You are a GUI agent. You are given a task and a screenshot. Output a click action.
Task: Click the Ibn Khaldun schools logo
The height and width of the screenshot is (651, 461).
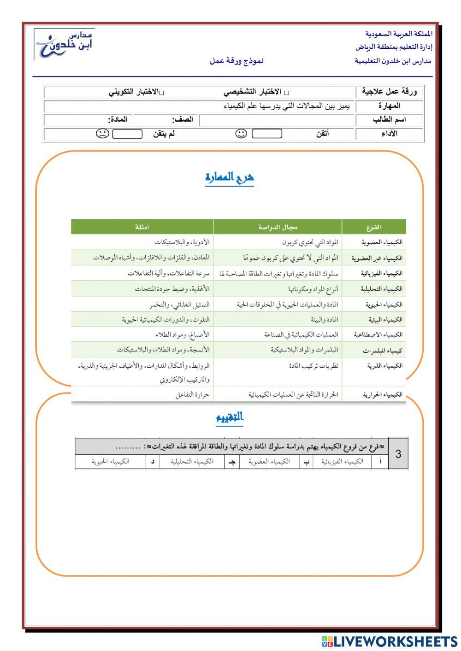(64, 44)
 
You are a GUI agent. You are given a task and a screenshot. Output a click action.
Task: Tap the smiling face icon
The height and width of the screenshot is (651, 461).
(241, 134)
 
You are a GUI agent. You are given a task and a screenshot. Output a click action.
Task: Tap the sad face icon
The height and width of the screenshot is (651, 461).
(102, 134)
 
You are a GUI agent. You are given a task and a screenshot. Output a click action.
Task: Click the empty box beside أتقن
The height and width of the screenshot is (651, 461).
(267, 134)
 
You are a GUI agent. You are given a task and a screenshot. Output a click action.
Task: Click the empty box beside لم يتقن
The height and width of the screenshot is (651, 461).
(127, 134)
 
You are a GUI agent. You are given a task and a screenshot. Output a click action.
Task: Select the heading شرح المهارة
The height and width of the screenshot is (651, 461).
(230, 178)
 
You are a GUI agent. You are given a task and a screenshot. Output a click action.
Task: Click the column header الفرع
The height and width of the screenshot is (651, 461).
(373, 227)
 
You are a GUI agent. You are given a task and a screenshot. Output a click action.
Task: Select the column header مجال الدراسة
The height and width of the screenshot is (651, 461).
(278, 227)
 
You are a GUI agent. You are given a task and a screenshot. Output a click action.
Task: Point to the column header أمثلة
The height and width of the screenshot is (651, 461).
(142, 227)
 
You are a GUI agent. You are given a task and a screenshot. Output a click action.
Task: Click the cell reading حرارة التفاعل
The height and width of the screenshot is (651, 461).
(192, 394)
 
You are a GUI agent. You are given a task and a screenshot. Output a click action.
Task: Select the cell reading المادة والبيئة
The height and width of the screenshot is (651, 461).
(324, 319)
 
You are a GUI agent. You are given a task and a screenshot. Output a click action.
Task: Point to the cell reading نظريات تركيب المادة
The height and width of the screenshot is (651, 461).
(313, 366)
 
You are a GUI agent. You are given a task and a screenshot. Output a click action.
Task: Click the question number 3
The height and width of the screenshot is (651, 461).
(398, 454)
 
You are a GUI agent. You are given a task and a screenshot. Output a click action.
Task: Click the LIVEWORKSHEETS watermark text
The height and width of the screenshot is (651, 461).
(395, 641)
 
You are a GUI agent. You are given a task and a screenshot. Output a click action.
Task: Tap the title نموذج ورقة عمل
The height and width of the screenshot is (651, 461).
(236, 61)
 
